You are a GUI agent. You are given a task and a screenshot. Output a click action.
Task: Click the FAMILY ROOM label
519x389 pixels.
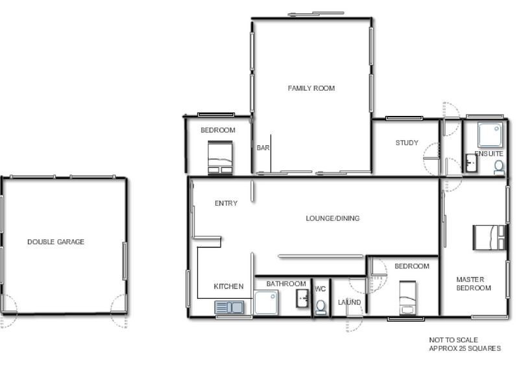pos(311,88)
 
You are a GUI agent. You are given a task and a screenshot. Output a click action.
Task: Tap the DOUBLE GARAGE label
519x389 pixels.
pos(56,242)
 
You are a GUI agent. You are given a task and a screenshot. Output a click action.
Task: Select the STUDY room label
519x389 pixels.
pos(407,143)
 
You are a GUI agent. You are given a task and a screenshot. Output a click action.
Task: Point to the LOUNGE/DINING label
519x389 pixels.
pos(332,218)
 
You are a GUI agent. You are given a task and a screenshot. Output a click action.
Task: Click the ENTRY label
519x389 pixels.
pos(226,204)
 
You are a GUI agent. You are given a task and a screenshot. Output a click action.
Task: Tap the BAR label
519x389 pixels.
pos(263,148)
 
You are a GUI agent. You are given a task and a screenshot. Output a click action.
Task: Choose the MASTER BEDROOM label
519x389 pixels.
pos(474,284)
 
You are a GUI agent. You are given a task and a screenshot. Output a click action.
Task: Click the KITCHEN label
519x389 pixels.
pos(228,287)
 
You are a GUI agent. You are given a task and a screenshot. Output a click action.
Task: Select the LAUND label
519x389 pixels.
pos(349,303)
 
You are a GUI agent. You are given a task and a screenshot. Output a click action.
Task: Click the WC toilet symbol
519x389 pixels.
pos(320,307)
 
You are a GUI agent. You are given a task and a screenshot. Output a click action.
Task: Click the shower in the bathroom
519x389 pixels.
pos(266,302)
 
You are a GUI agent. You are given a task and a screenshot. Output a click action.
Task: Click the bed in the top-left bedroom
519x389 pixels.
pos(219,159)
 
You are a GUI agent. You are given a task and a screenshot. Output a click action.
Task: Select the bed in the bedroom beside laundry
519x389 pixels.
pos(407,298)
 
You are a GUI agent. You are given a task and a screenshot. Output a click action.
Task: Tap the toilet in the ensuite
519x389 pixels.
pos(498,167)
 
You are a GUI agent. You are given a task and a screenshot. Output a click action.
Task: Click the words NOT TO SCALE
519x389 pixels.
pos(453,340)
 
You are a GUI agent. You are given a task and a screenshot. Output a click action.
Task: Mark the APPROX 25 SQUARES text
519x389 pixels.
pos(465,349)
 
